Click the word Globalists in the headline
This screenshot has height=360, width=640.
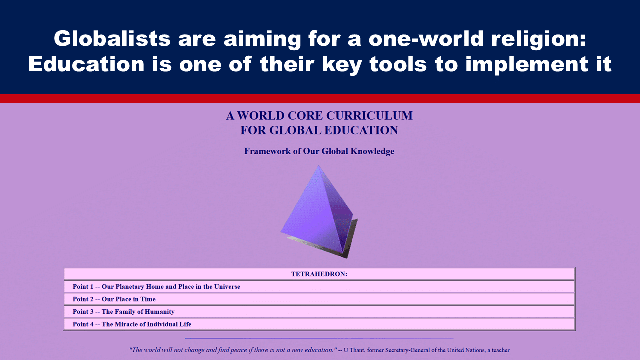point(112,39)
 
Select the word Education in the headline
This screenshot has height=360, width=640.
point(86,64)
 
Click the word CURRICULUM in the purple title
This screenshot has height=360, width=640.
point(369,116)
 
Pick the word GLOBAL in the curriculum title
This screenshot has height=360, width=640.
point(295,130)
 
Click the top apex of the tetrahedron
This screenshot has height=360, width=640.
point(318,165)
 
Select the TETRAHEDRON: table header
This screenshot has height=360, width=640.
point(319,274)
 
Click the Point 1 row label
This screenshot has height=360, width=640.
point(83,287)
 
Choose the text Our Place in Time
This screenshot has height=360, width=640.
point(129,299)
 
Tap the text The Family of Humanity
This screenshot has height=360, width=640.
point(138,312)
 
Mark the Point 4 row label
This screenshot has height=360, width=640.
point(83,324)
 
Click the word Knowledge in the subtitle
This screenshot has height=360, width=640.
point(372,151)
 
